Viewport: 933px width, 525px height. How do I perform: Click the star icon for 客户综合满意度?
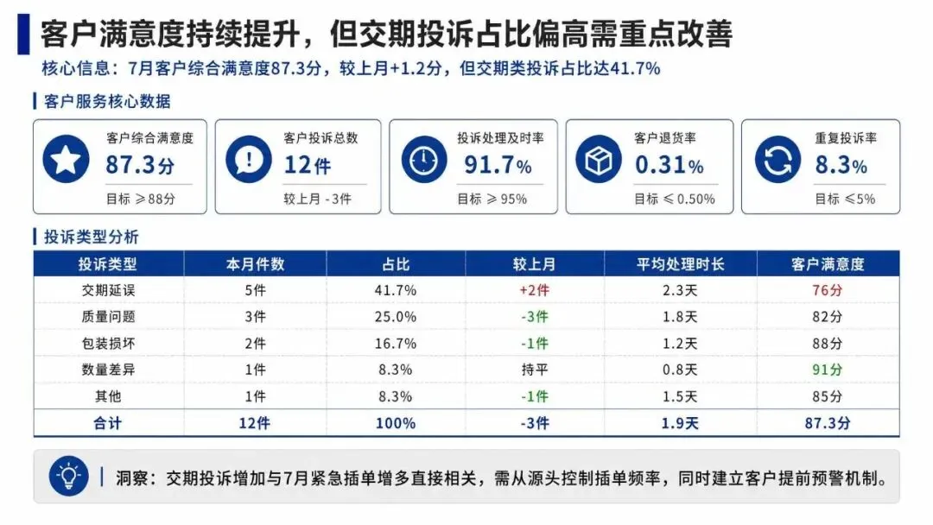[x=66, y=159]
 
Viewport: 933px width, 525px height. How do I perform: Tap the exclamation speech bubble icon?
[x=249, y=159]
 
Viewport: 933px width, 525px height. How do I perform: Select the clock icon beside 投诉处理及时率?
[x=423, y=159]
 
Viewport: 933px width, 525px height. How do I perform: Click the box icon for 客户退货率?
[x=599, y=159]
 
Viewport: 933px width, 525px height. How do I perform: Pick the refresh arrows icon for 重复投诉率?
[x=777, y=159]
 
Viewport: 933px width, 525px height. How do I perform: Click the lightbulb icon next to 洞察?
[x=69, y=476]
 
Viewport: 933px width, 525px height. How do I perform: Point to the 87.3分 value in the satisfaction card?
[x=141, y=165]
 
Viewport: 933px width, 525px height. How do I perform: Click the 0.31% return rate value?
[x=670, y=165]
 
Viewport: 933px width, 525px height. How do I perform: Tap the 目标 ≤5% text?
[x=845, y=199]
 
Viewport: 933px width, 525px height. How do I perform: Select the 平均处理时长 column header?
[x=681, y=264]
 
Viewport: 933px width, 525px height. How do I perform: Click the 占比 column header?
[x=396, y=264]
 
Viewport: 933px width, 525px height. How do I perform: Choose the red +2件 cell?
[x=535, y=290]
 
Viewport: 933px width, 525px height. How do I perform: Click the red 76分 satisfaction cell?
[x=828, y=290]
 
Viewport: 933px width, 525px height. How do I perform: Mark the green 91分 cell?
[x=828, y=370]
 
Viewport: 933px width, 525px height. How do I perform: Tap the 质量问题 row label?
[x=108, y=317]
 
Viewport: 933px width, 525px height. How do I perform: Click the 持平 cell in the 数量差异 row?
[x=535, y=370]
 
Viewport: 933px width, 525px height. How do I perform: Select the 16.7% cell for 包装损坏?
[x=396, y=344]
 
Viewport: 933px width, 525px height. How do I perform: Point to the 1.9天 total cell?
[x=680, y=423]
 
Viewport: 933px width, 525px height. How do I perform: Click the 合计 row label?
[x=108, y=423]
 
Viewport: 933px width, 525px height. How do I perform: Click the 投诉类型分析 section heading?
[x=91, y=237]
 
